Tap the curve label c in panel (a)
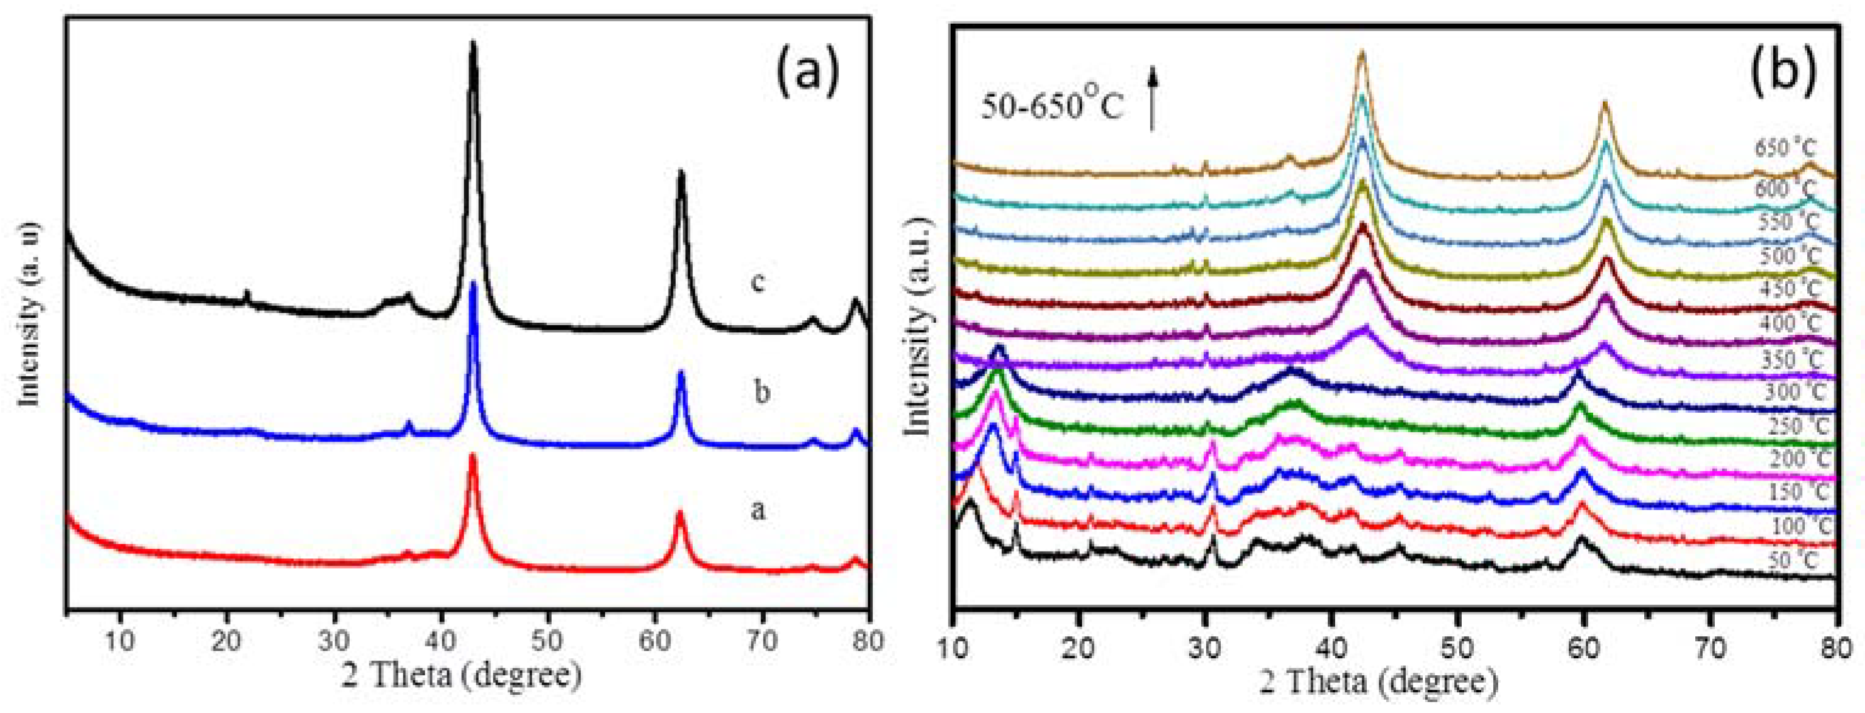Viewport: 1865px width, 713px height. tap(758, 282)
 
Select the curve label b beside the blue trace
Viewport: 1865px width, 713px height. tap(762, 392)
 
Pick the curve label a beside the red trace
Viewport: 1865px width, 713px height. tap(757, 510)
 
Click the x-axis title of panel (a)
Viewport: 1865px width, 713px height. tap(462, 675)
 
